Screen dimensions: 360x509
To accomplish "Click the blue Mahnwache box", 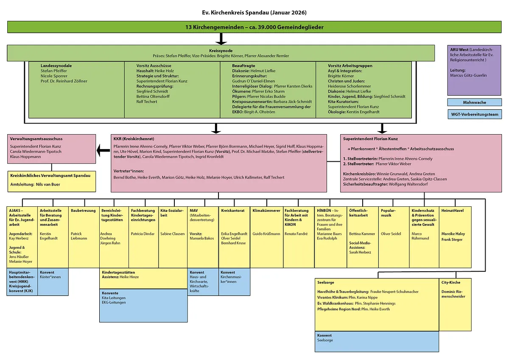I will click(x=474, y=102).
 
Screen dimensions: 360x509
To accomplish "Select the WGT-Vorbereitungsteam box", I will click(x=474, y=114).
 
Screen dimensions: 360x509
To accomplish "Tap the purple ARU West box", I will click(x=474, y=70).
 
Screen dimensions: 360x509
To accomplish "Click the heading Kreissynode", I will click(x=221, y=50).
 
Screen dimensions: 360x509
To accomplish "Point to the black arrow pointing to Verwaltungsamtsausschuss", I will click(x=103, y=150).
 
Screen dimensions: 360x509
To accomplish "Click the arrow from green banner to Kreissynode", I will click(x=221, y=39).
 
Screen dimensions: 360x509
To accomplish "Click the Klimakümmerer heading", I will click(x=266, y=211).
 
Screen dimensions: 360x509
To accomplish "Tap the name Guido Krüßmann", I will click(x=266, y=233).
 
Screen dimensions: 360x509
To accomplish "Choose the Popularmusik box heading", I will click(x=388, y=211).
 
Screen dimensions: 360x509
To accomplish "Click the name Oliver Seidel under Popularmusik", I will click(x=391, y=233).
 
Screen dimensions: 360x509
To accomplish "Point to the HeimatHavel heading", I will click(x=453, y=211).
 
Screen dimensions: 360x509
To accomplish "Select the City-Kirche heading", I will click(x=450, y=282).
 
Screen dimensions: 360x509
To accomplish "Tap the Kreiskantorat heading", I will click(x=233, y=211).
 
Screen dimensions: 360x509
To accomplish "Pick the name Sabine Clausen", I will click(x=173, y=233).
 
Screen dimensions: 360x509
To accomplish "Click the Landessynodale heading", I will click(x=56, y=66).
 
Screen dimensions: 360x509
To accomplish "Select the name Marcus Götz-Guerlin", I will click(x=468, y=76).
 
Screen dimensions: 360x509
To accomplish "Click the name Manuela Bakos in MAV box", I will click(x=202, y=239).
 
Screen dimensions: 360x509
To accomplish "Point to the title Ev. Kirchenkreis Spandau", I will click(x=254, y=13).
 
